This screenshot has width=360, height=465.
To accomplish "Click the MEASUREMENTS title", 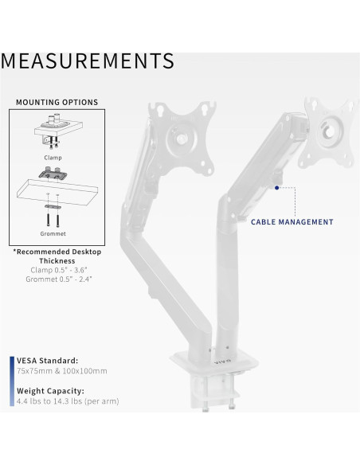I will (88, 61).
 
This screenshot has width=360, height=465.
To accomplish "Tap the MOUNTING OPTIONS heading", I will (56, 103).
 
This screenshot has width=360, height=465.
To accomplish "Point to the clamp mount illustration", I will (55, 131).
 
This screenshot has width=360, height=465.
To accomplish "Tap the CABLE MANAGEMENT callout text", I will (292, 222).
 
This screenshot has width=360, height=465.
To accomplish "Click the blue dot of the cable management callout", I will (276, 188).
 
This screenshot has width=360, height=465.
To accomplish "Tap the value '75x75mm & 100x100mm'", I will (61, 371).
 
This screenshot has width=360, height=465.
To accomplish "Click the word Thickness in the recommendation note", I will (56, 260).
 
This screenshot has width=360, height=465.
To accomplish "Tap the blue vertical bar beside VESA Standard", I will (11, 365).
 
